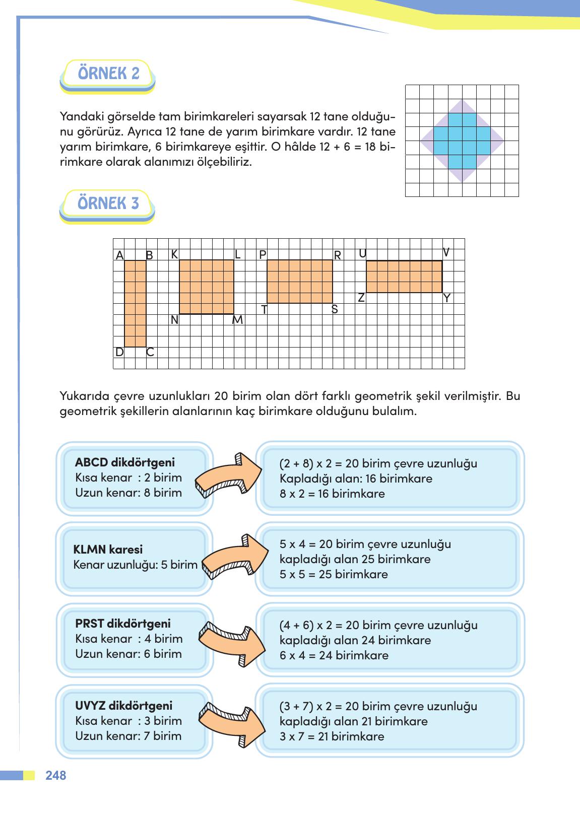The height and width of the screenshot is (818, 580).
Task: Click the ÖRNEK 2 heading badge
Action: tap(108, 74)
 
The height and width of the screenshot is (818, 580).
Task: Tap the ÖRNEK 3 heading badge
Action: tap(108, 204)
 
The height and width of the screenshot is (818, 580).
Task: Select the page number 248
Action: tap(56, 776)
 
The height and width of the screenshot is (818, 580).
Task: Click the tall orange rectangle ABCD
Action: tap(135, 304)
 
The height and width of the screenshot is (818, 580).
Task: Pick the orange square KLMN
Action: tap(207, 287)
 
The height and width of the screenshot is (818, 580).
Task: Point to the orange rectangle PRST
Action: tap(299, 282)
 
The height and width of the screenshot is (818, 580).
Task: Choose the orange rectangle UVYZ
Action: tap(404, 277)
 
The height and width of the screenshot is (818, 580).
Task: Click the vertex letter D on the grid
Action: tap(119, 352)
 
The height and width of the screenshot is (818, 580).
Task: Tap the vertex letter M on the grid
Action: tap(237, 320)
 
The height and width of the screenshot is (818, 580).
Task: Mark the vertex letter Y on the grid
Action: tap(446, 298)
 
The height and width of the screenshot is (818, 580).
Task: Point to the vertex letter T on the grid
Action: tap(264, 310)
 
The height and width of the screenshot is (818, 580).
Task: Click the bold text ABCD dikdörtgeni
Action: tap(125, 462)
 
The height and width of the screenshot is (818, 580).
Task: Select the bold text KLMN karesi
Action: tap(108, 550)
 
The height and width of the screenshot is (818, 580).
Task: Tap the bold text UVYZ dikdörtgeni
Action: tap(123, 705)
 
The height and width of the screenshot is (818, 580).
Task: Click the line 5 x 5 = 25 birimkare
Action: tap(334, 574)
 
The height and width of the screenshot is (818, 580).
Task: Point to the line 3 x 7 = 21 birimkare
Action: tap(332, 736)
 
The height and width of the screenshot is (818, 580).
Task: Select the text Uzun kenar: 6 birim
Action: tap(128, 654)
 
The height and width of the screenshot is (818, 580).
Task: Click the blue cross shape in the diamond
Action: tap(462, 141)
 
